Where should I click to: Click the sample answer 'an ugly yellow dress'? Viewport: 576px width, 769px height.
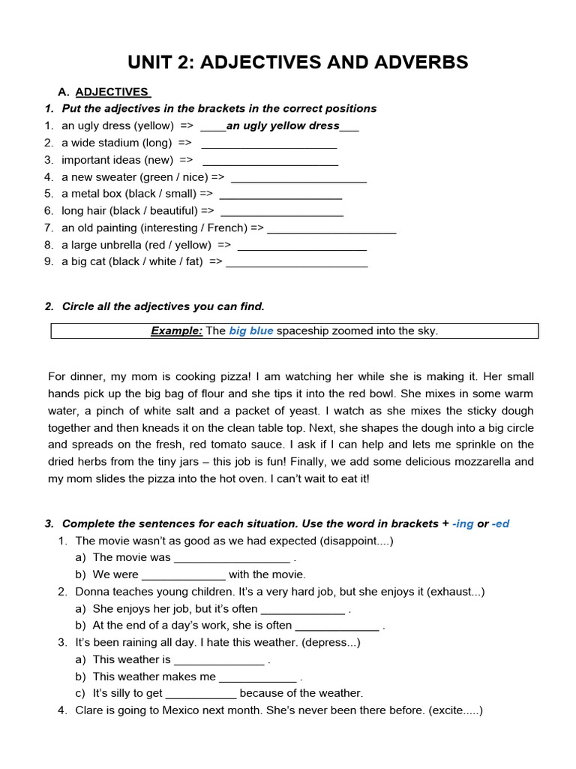(x=283, y=125)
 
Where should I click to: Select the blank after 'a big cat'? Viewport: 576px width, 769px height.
(x=297, y=262)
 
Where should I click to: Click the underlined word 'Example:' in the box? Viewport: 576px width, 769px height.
(x=177, y=331)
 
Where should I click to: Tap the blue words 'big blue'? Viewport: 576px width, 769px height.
(x=251, y=331)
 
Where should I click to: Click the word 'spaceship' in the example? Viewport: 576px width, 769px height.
(x=302, y=331)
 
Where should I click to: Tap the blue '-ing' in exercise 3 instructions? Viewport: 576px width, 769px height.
(x=463, y=523)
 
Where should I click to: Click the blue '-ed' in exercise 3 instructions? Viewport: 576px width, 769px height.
(x=500, y=523)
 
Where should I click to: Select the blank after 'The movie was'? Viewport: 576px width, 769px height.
(x=232, y=558)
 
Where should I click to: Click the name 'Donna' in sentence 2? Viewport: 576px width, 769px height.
(x=91, y=592)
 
